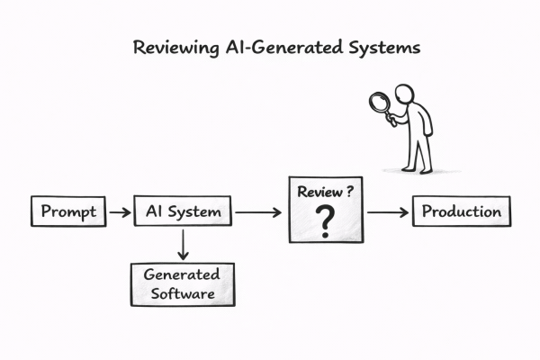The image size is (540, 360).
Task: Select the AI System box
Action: [x=183, y=213]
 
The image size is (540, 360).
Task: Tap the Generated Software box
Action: [x=182, y=283]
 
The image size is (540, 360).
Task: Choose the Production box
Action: [x=462, y=212]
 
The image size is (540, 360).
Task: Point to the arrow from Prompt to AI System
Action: [x=118, y=213]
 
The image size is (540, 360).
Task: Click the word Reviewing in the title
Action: [x=174, y=48]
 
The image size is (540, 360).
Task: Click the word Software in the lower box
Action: [x=182, y=292]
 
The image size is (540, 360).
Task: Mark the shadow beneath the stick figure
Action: [x=416, y=171]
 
